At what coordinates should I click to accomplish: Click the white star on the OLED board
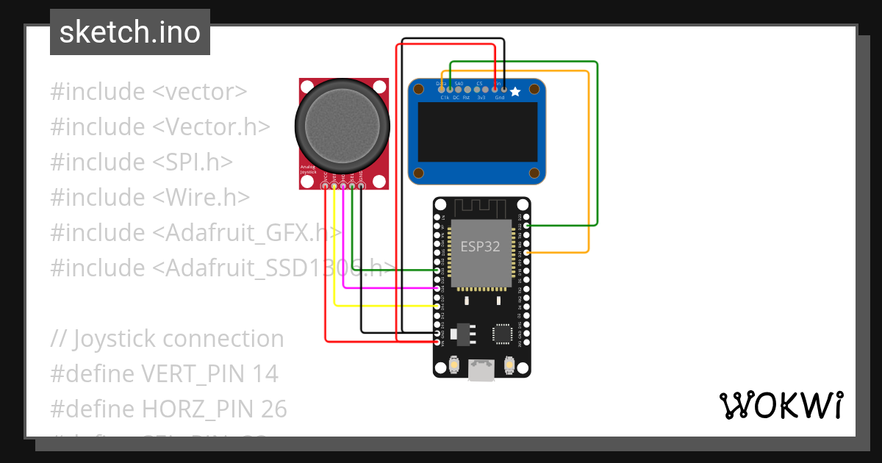coord(515,92)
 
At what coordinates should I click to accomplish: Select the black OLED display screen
coord(478,132)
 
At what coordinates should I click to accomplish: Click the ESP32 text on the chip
coord(480,246)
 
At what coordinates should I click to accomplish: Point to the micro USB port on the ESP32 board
coord(481,370)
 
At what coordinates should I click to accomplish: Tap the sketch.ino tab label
coord(130,32)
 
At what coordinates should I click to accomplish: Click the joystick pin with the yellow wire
coord(334,187)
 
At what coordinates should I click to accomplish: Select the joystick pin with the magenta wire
coord(343,187)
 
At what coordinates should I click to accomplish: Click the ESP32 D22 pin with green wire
coord(526,225)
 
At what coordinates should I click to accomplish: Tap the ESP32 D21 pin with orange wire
coord(526,253)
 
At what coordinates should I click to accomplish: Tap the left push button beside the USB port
coord(454,365)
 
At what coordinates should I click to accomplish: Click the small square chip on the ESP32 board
coord(503,334)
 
